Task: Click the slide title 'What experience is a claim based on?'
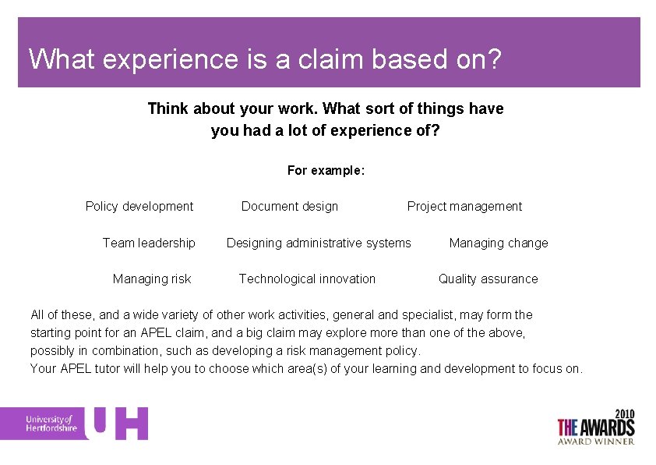point(264,59)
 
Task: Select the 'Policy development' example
point(139,206)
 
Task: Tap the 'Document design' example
point(290,206)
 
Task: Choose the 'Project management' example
point(464,206)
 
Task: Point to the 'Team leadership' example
point(149,243)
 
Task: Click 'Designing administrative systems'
point(319,243)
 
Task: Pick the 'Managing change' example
point(499,243)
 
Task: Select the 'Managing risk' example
point(152,279)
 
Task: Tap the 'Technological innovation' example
point(307,279)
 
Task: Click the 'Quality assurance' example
point(488,279)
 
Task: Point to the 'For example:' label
point(326,170)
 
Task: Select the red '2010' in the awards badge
point(624,413)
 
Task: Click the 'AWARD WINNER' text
point(596,441)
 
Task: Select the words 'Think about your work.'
point(233,108)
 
